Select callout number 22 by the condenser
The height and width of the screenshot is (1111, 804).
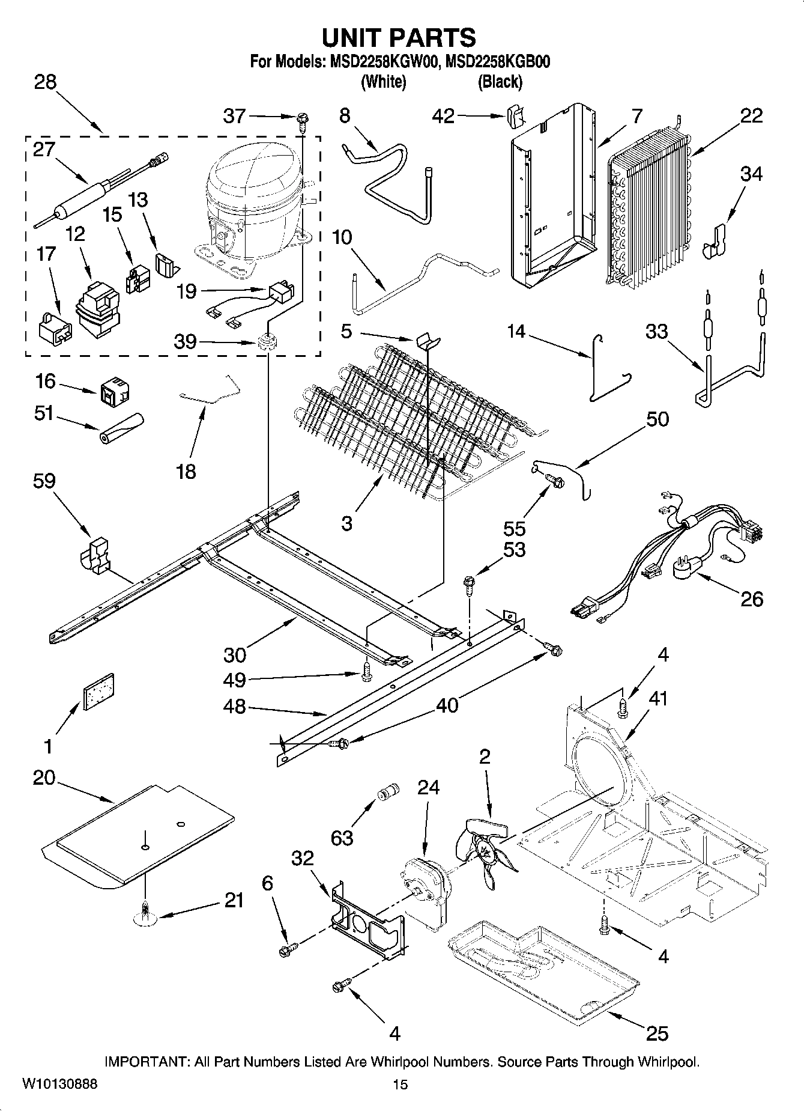tap(751, 115)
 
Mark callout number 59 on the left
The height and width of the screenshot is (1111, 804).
tap(45, 481)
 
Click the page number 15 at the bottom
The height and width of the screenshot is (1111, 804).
tap(400, 1085)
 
